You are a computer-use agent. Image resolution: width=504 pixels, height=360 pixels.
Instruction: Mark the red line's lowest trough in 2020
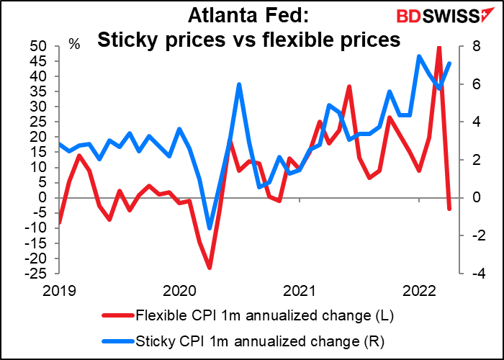pyautogui.click(x=210, y=268)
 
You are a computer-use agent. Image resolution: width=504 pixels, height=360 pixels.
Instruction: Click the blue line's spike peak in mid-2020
pyautogui.click(x=238, y=84)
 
